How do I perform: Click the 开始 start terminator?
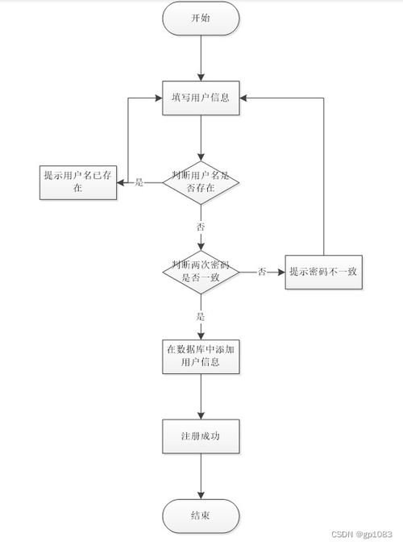pyautogui.click(x=201, y=18)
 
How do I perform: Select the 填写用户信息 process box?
pyautogui.click(x=201, y=98)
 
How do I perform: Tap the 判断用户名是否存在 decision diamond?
pyautogui.click(x=201, y=181)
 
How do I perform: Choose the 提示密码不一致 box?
pyautogui.click(x=324, y=272)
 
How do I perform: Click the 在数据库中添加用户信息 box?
pyautogui.click(x=201, y=356)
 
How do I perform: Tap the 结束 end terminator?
pyautogui.click(x=201, y=516)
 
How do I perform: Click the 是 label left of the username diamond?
pyautogui.click(x=139, y=182)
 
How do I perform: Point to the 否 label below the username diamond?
pyautogui.click(x=201, y=227)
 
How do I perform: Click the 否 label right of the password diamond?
pyautogui.click(x=262, y=273)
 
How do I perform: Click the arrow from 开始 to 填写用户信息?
pyautogui.click(x=201, y=58)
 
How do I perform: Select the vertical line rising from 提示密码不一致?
pyautogui.click(x=324, y=177)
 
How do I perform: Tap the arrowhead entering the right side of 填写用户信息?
pyautogui.click(x=246, y=98)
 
